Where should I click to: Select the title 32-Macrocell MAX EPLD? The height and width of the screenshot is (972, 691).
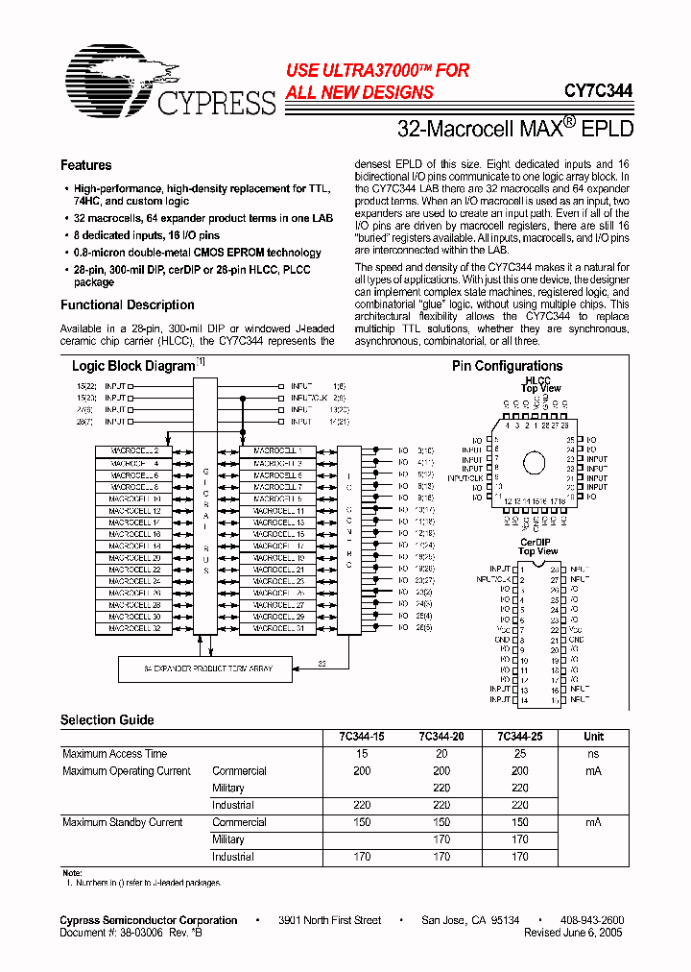(x=515, y=127)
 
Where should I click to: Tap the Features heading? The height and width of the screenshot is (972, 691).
(x=85, y=165)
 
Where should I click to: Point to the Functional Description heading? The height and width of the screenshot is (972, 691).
(x=127, y=304)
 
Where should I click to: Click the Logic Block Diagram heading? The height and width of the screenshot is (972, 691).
(x=133, y=366)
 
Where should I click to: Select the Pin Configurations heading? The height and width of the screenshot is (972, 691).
(x=507, y=366)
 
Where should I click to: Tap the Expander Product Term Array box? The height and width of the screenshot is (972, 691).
(x=204, y=668)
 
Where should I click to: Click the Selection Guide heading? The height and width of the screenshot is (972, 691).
(x=107, y=719)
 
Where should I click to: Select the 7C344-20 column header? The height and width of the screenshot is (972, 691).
(x=441, y=737)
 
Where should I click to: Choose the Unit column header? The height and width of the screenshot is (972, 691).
(x=593, y=737)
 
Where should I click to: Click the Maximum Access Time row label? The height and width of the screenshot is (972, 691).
(x=114, y=754)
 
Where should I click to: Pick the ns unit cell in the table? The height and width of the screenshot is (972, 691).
(x=593, y=754)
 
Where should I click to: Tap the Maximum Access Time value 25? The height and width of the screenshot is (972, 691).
(x=519, y=754)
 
